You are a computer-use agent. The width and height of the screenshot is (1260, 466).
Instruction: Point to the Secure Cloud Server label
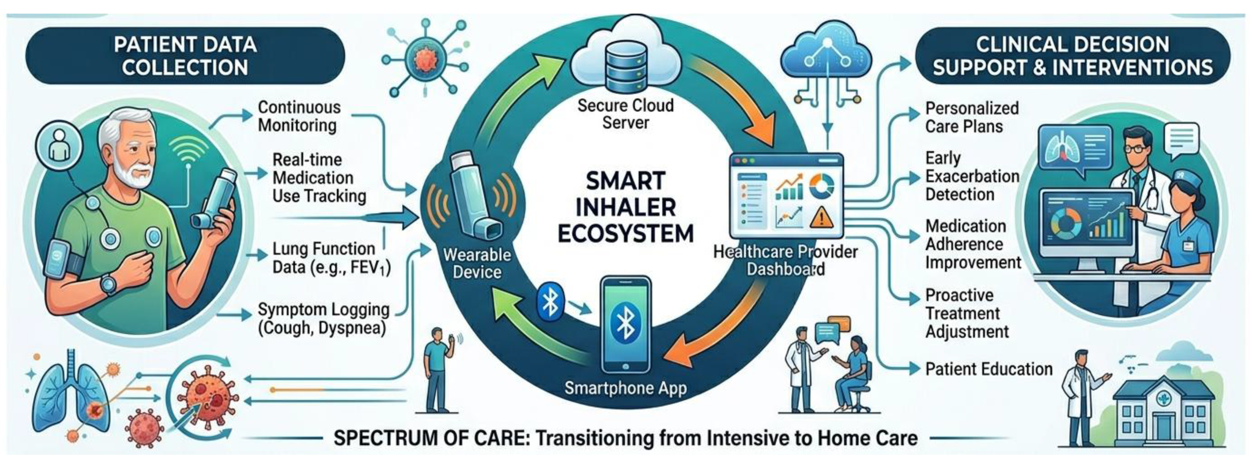tap(626, 114)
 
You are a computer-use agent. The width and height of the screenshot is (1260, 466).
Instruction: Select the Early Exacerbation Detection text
tap(972, 176)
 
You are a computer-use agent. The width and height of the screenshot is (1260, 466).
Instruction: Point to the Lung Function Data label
tap(331, 258)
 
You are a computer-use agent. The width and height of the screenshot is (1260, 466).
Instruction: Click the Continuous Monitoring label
tap(299, 116)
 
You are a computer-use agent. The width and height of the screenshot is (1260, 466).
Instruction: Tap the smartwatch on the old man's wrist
tap(109, 284)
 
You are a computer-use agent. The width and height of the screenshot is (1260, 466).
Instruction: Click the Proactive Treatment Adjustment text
tap(966, 314)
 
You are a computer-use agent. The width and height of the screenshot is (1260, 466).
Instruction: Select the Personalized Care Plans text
tap(971, 117)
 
